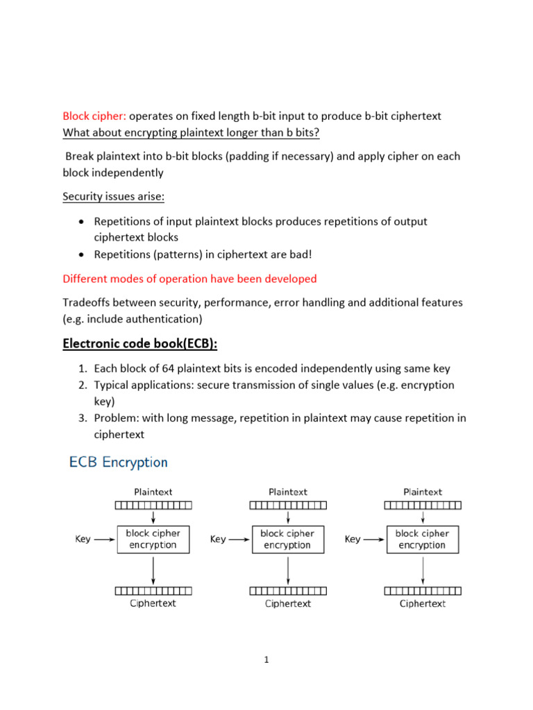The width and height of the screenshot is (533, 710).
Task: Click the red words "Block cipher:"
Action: coord(94,116)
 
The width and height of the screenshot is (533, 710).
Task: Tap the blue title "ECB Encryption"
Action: coord(118,462)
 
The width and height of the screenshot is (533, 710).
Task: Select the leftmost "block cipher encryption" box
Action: coord(153,539)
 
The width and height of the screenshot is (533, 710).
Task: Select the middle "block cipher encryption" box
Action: coord(287,539)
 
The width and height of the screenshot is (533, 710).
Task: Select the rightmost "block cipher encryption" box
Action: coord(422,539)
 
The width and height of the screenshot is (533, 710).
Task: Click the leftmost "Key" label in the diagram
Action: coord(83,539)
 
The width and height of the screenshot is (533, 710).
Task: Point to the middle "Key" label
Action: coord(218,539)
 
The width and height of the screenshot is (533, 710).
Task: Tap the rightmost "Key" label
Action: coord(353,539)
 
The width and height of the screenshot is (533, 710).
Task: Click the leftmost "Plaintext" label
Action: coord(153,492)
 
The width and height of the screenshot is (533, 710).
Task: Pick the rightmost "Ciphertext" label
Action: coord(423,603)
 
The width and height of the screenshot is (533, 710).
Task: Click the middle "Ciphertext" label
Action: coord(288,603)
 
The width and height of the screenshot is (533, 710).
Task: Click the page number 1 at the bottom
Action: coord(266,660)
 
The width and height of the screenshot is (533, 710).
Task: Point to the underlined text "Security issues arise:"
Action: coord(114,196)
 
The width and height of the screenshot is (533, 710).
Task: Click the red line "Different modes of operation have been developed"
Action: coord(189,279)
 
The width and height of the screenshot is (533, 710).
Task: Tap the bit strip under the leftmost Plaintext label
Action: coord(153,505)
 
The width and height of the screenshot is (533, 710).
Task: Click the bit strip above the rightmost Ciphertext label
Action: coord(423,591)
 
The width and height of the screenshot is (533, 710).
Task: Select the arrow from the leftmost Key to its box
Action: coord(105,539)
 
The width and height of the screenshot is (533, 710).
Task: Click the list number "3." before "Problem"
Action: coord(81,418)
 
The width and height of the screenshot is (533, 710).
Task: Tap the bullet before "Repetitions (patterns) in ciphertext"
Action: coord(81,254)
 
